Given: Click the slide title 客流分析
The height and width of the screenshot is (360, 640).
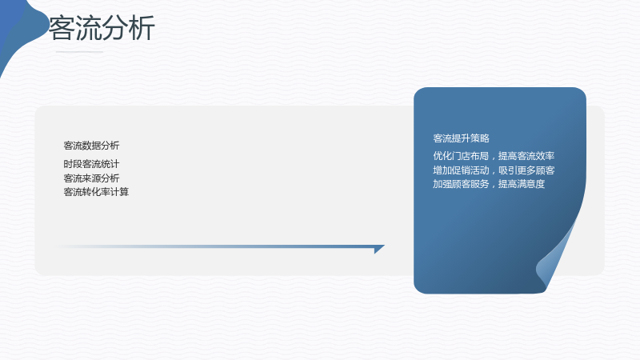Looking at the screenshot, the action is click(x=102, y=28).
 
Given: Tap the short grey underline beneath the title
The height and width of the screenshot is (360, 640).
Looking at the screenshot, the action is click(x=79, y=52).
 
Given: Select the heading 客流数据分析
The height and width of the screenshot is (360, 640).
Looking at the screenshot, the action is click(x=91, y=146).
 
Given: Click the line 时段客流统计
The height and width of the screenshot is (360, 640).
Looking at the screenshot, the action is click(x=91, y=164).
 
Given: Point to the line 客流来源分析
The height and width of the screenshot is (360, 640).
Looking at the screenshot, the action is click(x=91, y=178).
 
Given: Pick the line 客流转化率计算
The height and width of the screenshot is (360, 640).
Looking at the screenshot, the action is click(x=96, y=192).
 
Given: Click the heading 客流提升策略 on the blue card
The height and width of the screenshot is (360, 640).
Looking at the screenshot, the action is click(x=462, y=138).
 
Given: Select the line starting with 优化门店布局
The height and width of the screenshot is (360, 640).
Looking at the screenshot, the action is click(x=494, y=156).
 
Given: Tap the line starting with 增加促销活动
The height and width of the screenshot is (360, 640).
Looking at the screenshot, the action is click(x=494, y=170).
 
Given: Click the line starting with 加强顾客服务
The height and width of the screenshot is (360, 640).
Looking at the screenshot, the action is click(x=489, y=184).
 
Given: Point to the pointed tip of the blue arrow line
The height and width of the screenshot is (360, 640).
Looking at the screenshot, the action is click(x=385, y=246).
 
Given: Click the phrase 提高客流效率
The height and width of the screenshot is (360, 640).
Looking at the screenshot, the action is click(x=526, y=156).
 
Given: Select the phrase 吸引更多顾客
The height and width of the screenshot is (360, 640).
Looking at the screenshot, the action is click(x=526, y=170).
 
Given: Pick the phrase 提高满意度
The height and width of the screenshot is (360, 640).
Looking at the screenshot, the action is click(x=522, y=184).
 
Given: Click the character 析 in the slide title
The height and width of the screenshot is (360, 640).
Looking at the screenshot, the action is click(x=142, y=28).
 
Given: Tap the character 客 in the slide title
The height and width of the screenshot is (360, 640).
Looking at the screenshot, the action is click(x=62, y=28).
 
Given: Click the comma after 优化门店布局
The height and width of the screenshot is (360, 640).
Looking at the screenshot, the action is click(x=493, y=158).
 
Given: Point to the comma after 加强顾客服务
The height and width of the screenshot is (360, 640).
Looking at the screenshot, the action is click(x=493, y=186).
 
